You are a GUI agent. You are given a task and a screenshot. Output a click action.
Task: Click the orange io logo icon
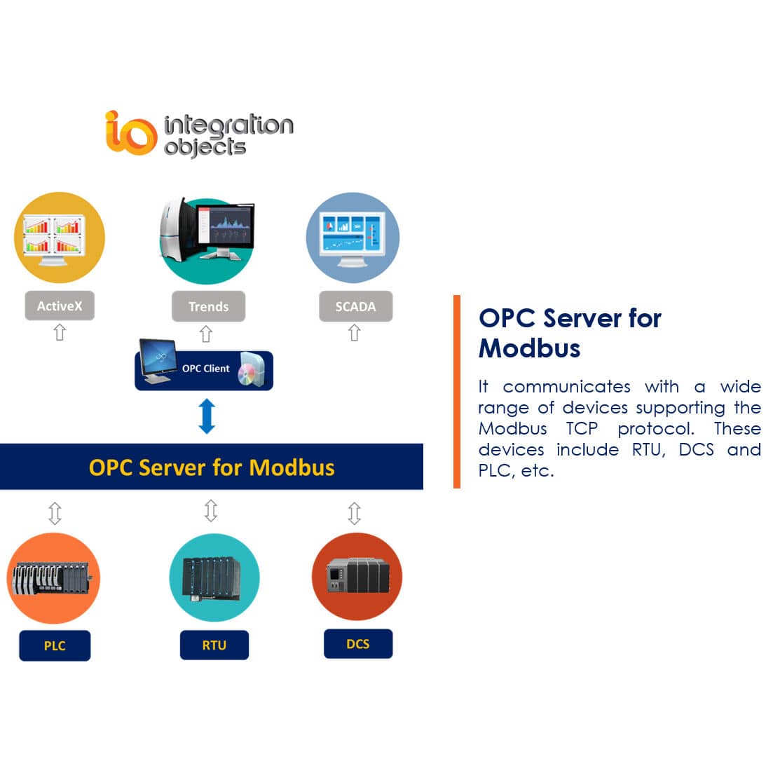tap(130, 132)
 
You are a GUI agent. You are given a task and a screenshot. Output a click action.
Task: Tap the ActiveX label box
tap(60, 306)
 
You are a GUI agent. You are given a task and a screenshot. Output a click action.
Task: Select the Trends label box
tap(208, 307)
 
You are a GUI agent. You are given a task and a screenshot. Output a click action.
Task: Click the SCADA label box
tap(355, 307)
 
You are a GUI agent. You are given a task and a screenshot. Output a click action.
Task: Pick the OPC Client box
tap(204, 369)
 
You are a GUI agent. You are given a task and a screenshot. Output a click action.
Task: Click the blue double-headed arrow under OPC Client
tap(207, 416)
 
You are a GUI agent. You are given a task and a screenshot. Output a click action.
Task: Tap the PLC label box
tap(55, 645)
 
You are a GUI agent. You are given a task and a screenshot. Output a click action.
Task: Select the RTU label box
tap(214, 645)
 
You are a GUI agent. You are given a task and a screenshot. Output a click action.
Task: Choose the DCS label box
tap(357, 644)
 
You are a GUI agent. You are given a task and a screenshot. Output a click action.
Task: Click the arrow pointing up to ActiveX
tap(60, 332)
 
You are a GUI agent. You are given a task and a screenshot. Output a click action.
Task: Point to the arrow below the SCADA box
tap(355, 333)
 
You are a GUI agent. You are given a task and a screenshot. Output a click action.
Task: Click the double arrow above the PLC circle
tap(55, 513)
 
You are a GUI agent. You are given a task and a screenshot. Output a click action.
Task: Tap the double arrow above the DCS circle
tap(355, 513)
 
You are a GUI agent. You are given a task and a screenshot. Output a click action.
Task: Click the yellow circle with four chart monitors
tap(60, 238)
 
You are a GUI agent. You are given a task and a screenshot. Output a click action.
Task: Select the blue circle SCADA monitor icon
tap(353, 238)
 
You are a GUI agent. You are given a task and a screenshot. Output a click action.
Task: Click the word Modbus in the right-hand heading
tap(529, 348)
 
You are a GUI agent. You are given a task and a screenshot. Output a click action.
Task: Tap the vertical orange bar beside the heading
tap(457, 391)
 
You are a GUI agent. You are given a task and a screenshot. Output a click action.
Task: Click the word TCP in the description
tap(582, 429)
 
